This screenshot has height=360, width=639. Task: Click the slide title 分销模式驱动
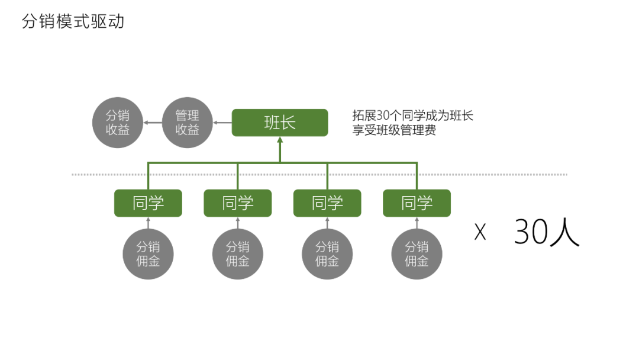(x=73, y=22)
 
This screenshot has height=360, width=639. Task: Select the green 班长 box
(x=280, y=123)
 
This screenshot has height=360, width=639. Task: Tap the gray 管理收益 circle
(x=187, y=123)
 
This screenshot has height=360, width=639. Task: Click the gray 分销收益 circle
(x=117, y=123)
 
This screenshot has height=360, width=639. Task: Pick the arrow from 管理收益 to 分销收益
(x=152, y=123)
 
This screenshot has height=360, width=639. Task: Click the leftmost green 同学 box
(x=148, y=203)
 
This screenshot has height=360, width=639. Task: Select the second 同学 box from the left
(x=238, y=203)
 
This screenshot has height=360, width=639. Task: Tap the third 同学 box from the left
(x=327, y=203)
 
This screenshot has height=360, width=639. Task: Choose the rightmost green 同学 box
(x=417, y=203)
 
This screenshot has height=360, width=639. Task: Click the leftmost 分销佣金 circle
(x=148, y=253)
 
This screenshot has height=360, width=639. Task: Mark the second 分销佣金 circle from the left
(x=238, y=253)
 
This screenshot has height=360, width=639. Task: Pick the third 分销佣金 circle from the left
(x=327, y=253)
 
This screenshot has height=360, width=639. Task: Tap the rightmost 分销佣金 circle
(x=417, y=253)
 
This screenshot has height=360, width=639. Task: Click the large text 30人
(x=546, y=232)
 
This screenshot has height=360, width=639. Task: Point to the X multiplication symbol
(x=480, y=233)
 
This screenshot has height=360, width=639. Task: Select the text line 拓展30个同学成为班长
(x=412, y=115)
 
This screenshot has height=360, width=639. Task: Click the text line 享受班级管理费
(x=394, y=130)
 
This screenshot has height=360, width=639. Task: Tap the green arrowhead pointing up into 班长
(x=280, y=142)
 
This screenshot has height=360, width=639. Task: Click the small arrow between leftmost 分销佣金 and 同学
(x=148, y=223)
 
